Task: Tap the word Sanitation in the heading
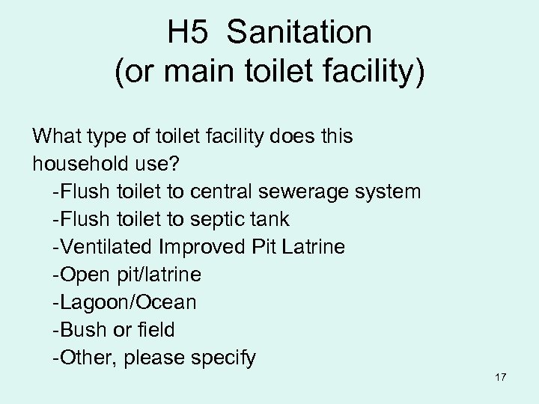click(x=299, y=32)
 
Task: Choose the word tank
click(x=270, y=219)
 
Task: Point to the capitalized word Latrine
click(x=314, y=247)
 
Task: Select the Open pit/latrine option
click(x=127, y=275)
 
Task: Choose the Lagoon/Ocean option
click(x=125, y=302)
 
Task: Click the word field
click(x=153, y=330)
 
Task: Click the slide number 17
click(x=501, y=377)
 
